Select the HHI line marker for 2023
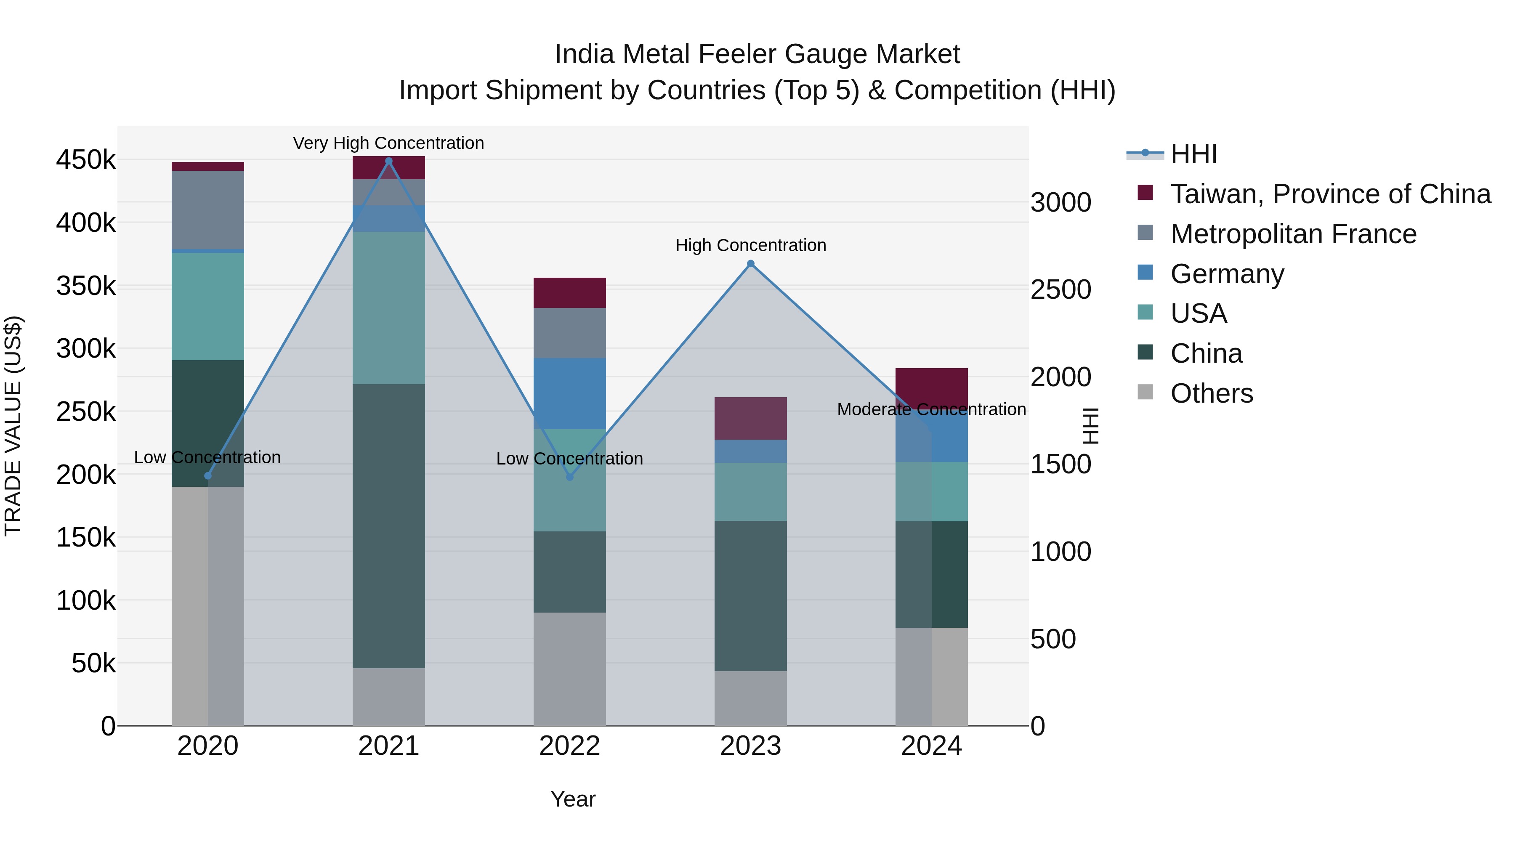point(750,263)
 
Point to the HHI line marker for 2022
point(569,477)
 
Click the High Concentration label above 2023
point(750,245)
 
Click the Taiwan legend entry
point(1330,194)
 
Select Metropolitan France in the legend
point(1293,234)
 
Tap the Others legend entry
point(1212,393)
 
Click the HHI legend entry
point(1193,154)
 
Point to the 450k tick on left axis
point(86,160)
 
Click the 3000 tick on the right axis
point(1060,202)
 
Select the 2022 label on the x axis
point(569,746)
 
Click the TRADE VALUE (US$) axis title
point(13,426)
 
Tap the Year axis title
point(573,799)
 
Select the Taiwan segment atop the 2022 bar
point(569,292)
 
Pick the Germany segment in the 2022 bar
point(569,393)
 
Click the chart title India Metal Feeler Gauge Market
point(757,54)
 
